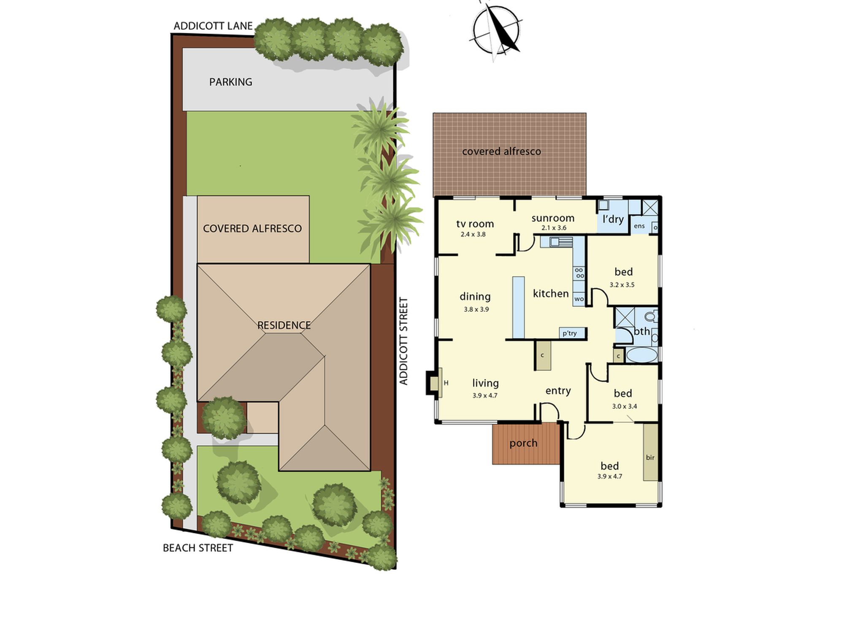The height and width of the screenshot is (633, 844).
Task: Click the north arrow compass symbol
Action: point(496,30)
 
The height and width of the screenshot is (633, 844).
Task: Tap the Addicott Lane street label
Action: point(213,26)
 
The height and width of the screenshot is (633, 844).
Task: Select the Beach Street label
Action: point(198,548)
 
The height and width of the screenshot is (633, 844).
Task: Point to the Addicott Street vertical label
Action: point(404,341)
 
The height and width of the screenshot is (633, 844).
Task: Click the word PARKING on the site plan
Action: point(231,82)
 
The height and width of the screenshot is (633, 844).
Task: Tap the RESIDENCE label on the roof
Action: point(284,325)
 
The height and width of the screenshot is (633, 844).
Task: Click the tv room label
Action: point(475,224)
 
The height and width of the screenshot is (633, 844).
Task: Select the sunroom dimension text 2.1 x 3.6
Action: point(554,228)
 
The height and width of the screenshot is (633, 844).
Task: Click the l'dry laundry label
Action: point(613,219)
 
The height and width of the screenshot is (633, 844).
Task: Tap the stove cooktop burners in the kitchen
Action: point(579,273)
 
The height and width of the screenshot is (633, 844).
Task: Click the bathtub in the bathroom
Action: point(642,355)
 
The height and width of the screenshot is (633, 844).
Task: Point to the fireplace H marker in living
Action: point(446,383)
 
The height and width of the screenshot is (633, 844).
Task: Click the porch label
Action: point(523,443)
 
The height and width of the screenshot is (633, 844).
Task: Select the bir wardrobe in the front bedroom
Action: point(651,452)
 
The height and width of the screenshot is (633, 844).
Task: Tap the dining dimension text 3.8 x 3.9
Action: point(476,309)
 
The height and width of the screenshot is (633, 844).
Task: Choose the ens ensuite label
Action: point(639,226)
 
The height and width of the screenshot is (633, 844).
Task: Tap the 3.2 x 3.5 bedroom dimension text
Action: point(622,285)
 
